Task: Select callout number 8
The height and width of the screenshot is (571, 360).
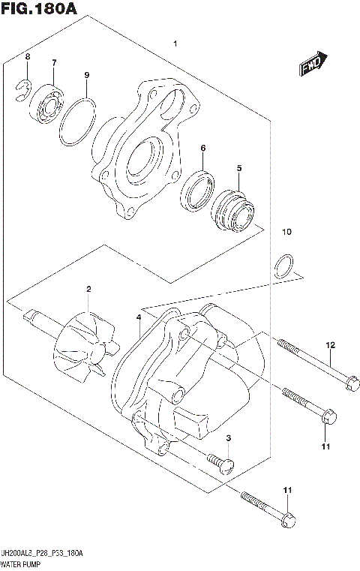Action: (x=28, y=58)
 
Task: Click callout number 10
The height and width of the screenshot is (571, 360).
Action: (x=284, y=233)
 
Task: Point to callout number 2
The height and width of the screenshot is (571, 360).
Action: (x=88, y=290)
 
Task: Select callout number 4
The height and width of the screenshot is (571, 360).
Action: (x=139, y=318)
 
